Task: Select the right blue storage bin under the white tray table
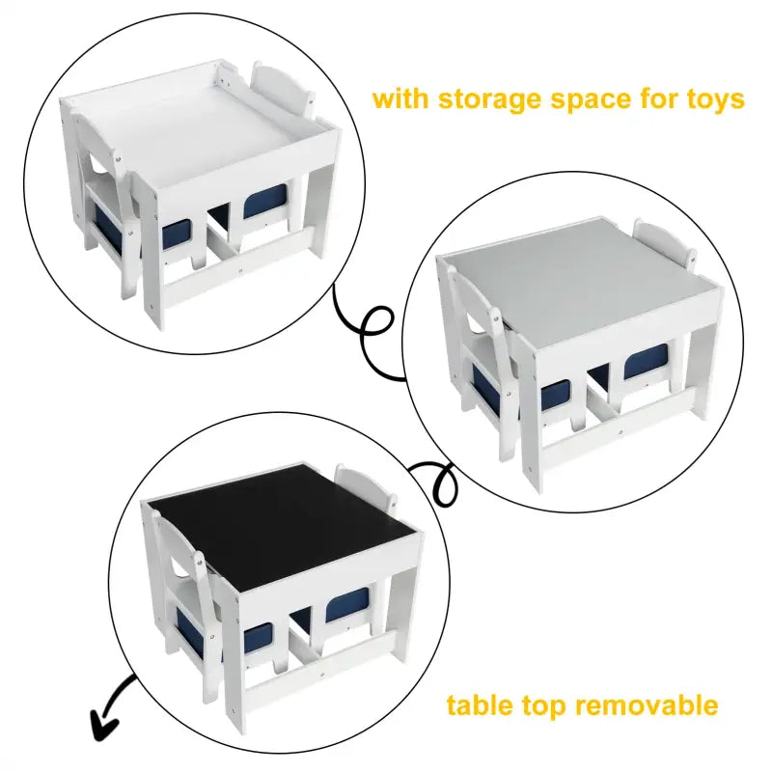(262, 203)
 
